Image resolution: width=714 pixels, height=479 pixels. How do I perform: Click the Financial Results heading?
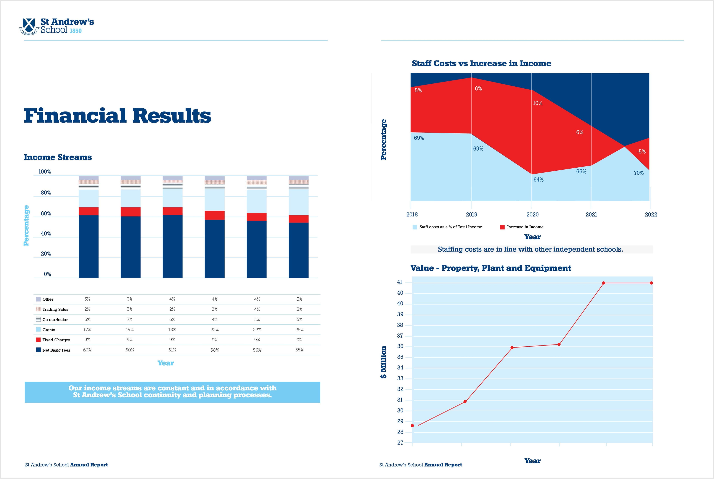point(118,116)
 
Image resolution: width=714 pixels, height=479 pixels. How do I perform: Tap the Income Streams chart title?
point(58,157)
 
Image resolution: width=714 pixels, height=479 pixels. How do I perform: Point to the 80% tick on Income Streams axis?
point(46,193)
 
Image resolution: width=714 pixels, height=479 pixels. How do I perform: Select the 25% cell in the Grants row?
point(299,330)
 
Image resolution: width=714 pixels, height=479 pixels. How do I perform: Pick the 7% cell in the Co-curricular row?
point(130,320)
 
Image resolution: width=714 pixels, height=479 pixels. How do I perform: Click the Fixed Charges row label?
point(56,340)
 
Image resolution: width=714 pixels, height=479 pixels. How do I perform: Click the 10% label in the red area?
point(537,103)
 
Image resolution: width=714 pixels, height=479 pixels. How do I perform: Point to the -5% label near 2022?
point(641,152)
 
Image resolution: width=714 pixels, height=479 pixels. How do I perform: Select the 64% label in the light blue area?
point(538,180)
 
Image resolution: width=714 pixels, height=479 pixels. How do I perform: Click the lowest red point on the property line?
point(412,426)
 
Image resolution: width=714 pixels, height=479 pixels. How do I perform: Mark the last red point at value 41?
point(651,283)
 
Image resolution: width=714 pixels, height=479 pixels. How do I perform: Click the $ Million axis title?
point(383,362)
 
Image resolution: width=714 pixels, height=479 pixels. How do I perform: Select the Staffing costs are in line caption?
point(530,249)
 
